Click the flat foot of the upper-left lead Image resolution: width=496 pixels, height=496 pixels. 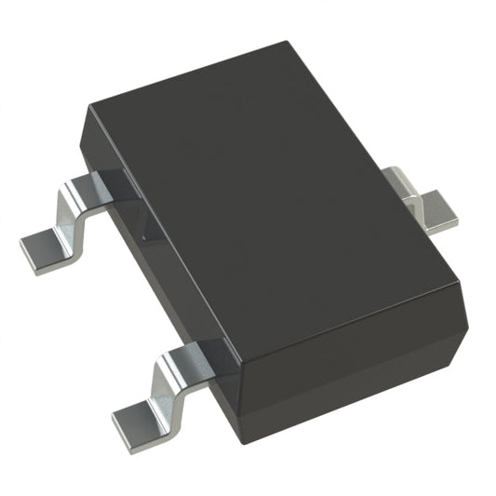click(44, 248)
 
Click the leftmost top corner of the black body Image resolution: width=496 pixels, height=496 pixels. click(91, 110)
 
